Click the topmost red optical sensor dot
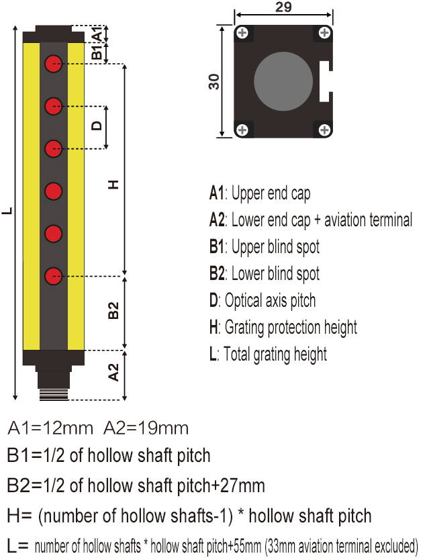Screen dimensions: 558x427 (x=54, y=64)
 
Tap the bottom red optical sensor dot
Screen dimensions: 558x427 (x=54, y=275)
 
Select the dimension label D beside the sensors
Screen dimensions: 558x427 (x=97, y=126)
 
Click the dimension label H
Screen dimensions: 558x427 (x=113, y=184)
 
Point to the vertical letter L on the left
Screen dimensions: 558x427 (x=7, y=211)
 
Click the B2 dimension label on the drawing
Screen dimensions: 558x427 (x=113, y=311)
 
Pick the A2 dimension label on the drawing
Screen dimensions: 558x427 (x=113, y=372)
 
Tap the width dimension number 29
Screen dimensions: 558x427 (x=283, y=9)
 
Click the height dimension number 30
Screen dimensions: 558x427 (x=214, y=82)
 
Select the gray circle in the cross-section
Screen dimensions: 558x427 (x=283, y=81)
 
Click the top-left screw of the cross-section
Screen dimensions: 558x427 (x=241, y=33)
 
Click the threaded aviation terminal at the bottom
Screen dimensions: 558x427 (x=54, y=391)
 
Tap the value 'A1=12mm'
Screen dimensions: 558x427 (x=51, y=428)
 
